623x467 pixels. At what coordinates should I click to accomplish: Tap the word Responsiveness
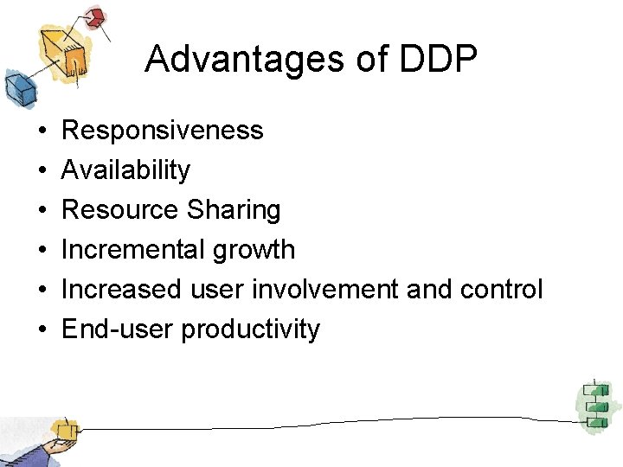163,131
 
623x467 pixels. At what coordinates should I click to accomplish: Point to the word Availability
125,170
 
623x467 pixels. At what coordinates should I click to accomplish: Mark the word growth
255,251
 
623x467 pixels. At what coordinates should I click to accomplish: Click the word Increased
121,290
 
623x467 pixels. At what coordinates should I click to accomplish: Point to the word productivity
250,330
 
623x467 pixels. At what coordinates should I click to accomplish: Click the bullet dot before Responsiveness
42,131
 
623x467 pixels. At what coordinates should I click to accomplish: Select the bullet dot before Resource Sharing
42,211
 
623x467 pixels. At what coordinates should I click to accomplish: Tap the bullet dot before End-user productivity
42,330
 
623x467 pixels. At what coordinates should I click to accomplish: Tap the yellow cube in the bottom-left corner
63,430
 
